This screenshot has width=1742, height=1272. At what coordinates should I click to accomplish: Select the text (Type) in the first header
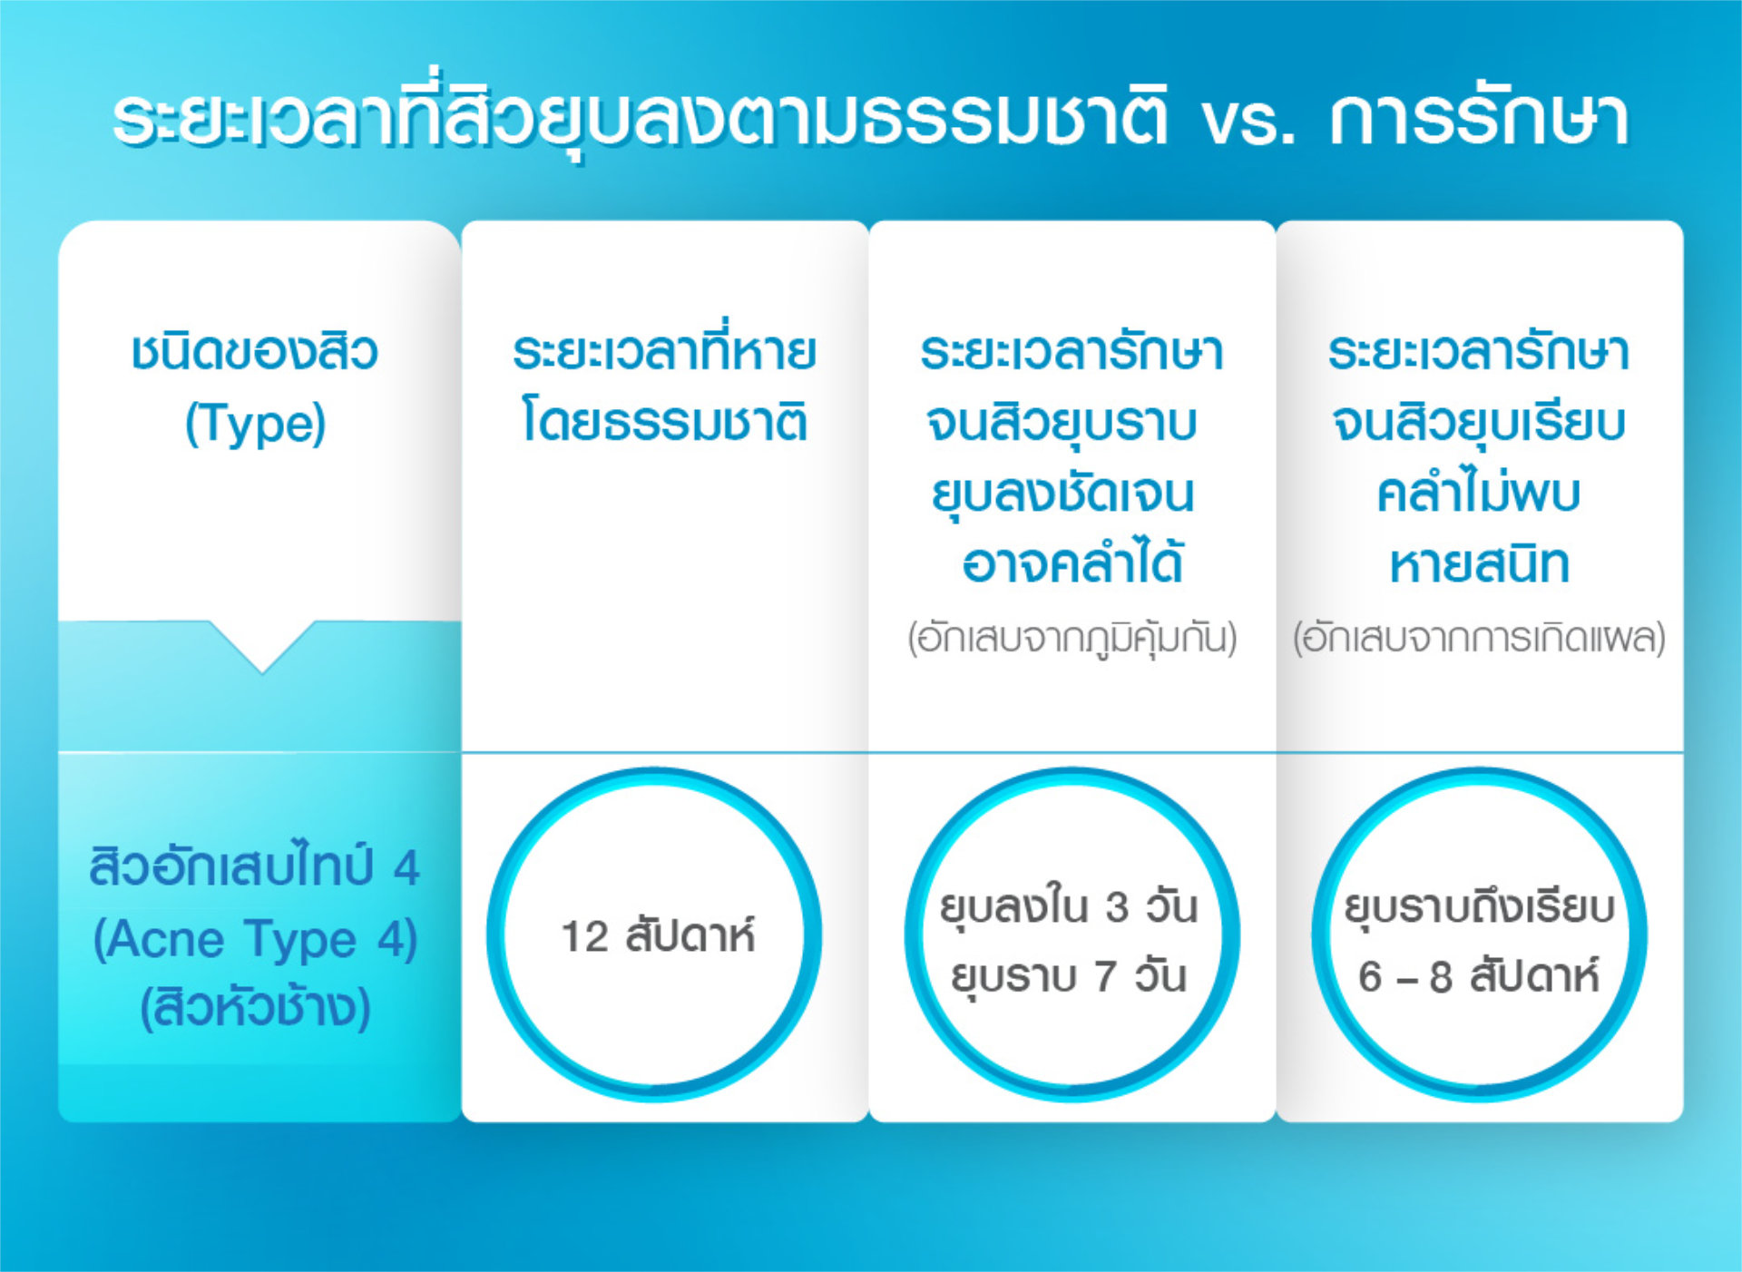click(x=255, y=424)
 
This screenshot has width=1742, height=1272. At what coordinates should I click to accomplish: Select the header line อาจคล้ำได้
click(x=1072, y=563)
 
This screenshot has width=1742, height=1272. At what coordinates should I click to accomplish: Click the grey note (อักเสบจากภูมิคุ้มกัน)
click(x=1072, y=639)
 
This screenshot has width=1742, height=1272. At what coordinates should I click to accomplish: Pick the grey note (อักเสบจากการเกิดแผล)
click(x=1479, y=639)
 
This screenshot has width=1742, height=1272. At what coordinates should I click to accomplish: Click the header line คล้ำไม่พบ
click(x=1479, y=492)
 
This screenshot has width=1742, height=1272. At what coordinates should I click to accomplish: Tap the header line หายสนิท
click(x=1479, y=563)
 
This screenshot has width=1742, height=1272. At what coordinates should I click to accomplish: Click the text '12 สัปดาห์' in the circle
click(x=658, y=935)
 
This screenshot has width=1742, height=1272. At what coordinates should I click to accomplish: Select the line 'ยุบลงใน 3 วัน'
click(x=1068, y=907)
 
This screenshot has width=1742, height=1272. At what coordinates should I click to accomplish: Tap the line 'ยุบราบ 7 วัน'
click(x=1068, y=977)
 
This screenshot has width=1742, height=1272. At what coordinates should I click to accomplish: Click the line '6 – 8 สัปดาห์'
click(x=1479, y=976)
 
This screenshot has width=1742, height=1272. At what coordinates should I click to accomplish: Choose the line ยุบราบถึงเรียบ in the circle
click(x=1479, y=907)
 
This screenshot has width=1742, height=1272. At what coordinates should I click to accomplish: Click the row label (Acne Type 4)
click(x=255, y=939)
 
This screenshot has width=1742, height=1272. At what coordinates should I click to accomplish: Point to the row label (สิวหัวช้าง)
click(x=255, y=1006)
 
